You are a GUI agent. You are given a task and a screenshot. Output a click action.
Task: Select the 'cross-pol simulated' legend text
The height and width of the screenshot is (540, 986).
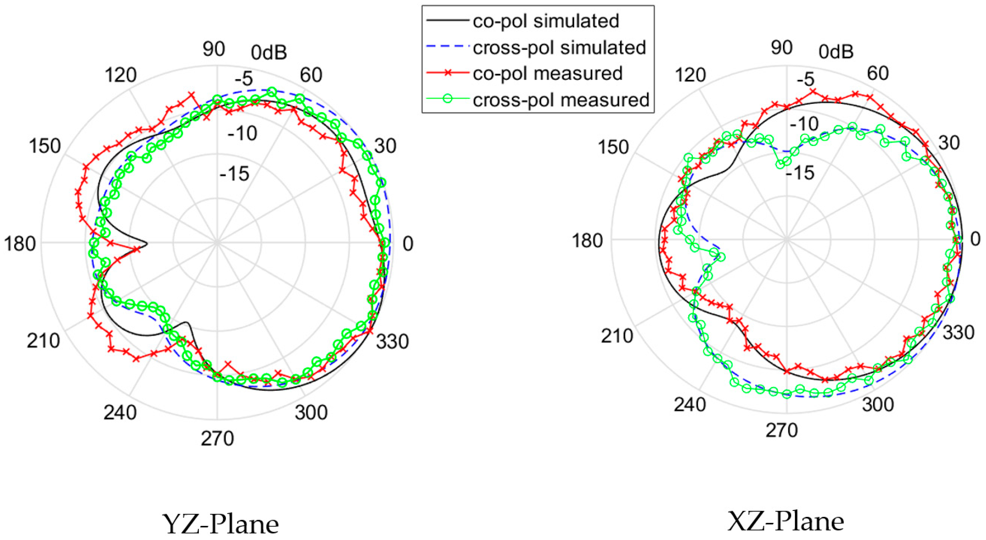click(x=559, y=47)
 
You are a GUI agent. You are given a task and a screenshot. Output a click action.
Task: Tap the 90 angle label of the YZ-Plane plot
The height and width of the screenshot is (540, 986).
click(x=214, y=49)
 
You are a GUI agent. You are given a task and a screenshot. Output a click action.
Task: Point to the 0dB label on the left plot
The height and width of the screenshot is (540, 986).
click(x=269, y=53)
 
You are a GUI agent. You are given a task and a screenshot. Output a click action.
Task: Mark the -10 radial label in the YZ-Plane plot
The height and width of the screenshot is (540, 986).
click(x=242, y=134)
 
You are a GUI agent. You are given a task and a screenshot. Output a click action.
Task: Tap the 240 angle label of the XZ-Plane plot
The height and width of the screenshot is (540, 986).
click(x=690, y=404)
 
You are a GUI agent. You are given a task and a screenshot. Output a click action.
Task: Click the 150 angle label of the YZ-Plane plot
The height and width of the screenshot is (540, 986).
click(x=45, y=146)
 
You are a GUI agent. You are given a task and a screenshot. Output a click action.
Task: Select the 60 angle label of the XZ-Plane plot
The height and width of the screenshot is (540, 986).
click(x=878, y=73)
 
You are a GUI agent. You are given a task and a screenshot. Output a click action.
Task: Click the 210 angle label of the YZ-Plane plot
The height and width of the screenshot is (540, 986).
click(x=43, y=341)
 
